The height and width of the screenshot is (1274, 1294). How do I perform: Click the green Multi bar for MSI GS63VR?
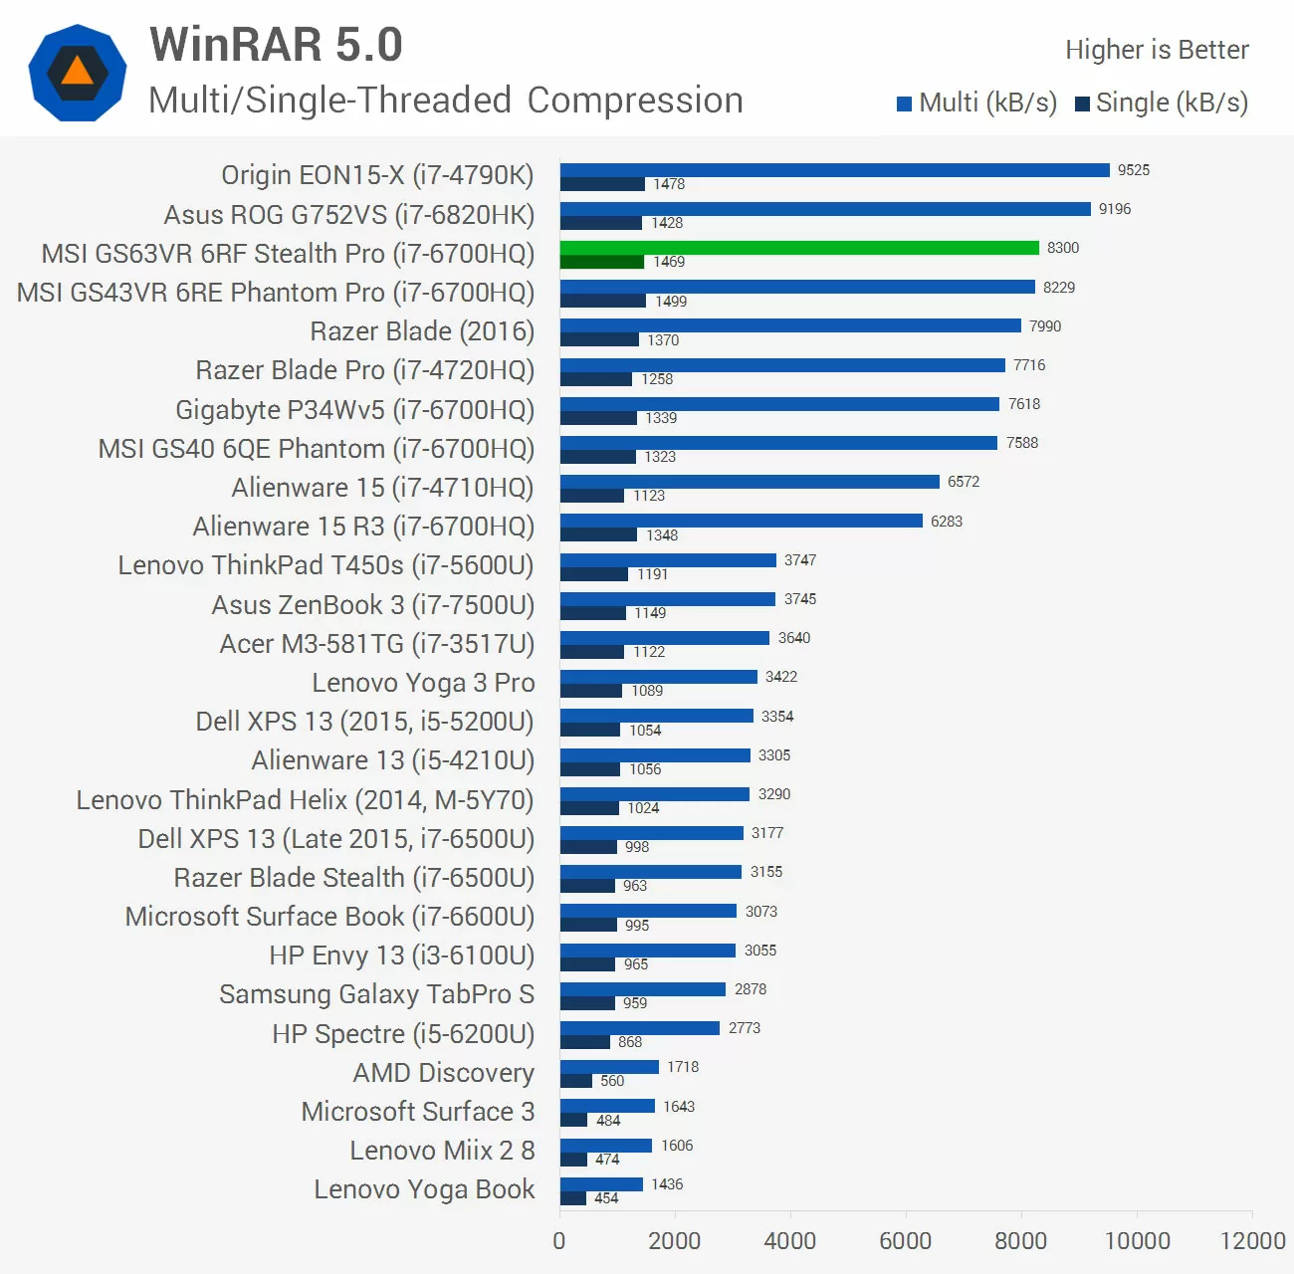799,248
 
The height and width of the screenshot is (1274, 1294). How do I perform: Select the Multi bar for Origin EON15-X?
834,170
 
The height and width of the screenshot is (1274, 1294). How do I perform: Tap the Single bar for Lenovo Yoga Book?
573,1198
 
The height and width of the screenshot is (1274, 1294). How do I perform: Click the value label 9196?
1115,209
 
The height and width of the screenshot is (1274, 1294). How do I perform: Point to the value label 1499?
671,302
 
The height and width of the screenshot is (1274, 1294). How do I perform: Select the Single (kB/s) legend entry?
1162,103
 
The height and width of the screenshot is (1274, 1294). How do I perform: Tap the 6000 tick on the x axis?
906,1240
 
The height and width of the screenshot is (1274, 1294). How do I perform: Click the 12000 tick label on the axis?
1252,1240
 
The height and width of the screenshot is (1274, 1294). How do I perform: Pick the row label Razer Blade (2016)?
422,331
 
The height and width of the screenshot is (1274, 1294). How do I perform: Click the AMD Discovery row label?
443,1073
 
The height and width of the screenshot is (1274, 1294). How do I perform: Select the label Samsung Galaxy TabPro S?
376,994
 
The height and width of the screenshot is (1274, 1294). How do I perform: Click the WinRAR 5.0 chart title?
276,45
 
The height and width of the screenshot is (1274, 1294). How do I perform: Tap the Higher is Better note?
1157,50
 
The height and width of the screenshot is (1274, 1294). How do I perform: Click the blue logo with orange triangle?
78,73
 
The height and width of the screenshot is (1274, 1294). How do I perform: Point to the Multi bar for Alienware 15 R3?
742,521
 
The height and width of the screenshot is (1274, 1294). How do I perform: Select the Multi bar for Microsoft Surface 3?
607,1106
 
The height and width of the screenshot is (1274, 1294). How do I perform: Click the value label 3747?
800,560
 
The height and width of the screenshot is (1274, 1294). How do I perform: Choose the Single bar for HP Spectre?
585,1042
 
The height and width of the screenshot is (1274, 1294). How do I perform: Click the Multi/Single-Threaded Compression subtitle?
445,101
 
